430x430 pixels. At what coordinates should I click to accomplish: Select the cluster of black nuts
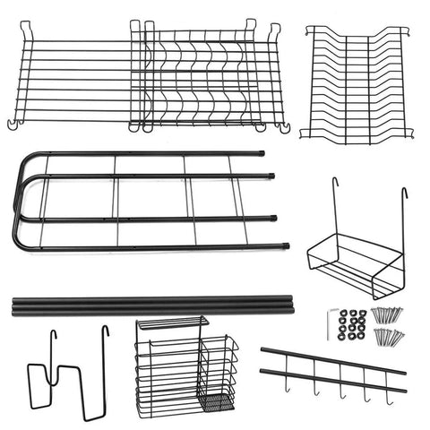(356, 324)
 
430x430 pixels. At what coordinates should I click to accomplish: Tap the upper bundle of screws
(389, 314)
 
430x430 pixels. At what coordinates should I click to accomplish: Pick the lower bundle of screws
(389, 337)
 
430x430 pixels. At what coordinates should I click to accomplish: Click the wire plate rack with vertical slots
(357, 82)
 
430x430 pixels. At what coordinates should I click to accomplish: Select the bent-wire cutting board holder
(67, 376)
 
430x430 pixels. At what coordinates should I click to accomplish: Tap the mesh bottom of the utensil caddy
(216, 400)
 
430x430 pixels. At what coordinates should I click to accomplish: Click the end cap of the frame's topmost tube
(262, 153)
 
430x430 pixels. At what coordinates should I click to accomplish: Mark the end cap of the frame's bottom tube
(285, 245)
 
